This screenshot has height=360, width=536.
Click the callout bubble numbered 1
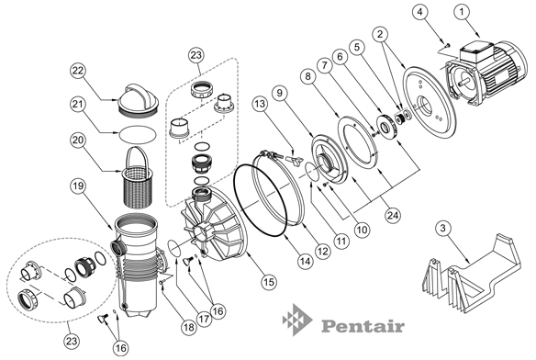click(463, 12)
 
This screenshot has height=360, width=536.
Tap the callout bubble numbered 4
click(419, 12)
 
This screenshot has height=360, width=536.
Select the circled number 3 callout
click(443, 228)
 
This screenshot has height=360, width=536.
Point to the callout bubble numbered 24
click(393, 215)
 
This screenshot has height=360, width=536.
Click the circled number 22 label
click(79, 71)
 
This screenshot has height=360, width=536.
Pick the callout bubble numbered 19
click(79, 186)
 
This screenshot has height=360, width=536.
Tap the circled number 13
click(260, 104)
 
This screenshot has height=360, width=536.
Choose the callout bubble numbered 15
click(269, 282)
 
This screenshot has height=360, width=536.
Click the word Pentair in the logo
click(363, 325)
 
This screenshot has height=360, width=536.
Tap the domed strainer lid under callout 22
click(138, 99)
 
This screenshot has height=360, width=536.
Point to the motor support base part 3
click(473, 274)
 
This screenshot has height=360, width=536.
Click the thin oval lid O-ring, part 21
click(138, 133)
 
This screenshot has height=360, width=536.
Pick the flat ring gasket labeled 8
click(358, 146)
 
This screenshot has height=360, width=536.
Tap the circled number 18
click(189, 328)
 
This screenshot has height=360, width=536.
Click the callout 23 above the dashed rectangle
click(196, 55)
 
